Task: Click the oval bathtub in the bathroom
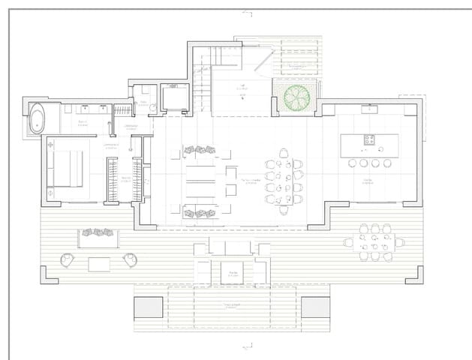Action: [36, 119]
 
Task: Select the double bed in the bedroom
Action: [66, 169]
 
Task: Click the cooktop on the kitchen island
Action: [370, 139]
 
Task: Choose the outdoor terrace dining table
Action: [373, 242]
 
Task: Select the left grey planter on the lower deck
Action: [148, 307]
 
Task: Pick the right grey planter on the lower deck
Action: [315, 307]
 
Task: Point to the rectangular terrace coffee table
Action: [99, 263]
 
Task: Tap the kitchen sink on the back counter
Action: [369, 109]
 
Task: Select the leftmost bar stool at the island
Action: [352, 163]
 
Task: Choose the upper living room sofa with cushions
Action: [200, 151]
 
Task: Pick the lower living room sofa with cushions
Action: [200, 212]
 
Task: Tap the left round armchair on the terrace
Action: [68, 259]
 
